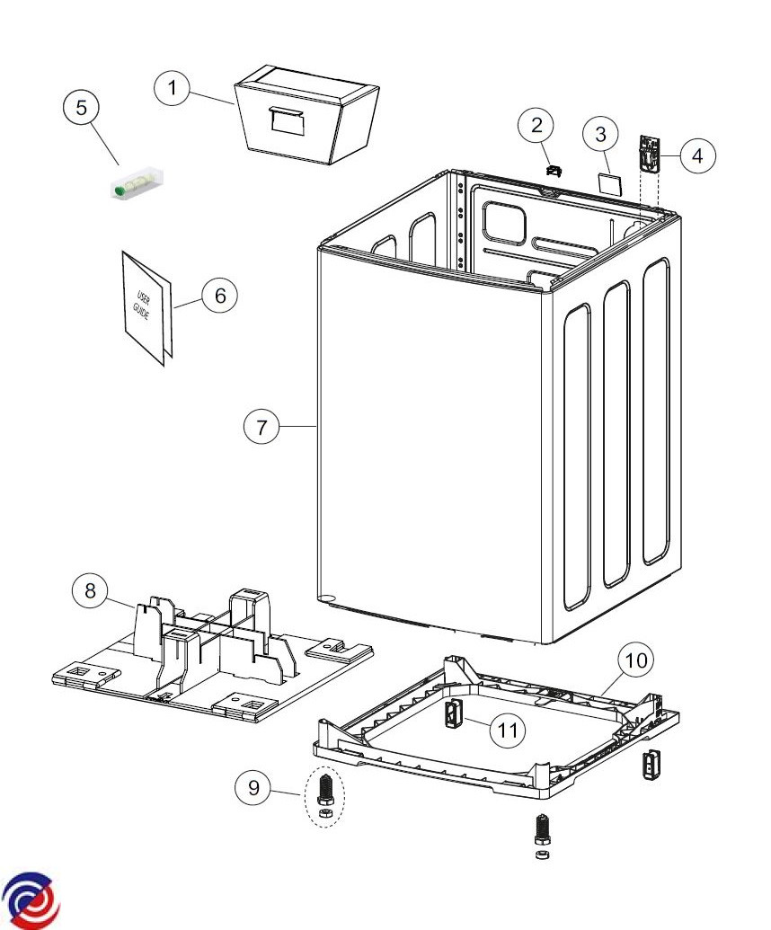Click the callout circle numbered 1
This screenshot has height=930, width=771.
coord(173,89)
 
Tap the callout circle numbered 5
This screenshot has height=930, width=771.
coord(82,108)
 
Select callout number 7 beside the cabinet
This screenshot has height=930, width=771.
coord(261,427)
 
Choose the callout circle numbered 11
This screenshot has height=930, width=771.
coord(509,731)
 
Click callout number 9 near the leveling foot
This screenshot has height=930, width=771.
coord(253,788)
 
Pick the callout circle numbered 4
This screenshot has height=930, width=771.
coord(697,155)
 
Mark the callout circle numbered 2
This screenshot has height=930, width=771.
coord(536,126)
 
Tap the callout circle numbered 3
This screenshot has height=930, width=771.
coord(600,135)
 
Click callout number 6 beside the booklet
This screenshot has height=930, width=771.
coord(220,295)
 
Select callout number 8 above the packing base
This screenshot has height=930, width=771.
coord(90,590)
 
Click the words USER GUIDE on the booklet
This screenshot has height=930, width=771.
coord(143,307)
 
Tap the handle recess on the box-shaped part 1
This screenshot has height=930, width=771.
coord(285,118)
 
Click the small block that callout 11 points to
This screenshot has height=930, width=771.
coord(453,716)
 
